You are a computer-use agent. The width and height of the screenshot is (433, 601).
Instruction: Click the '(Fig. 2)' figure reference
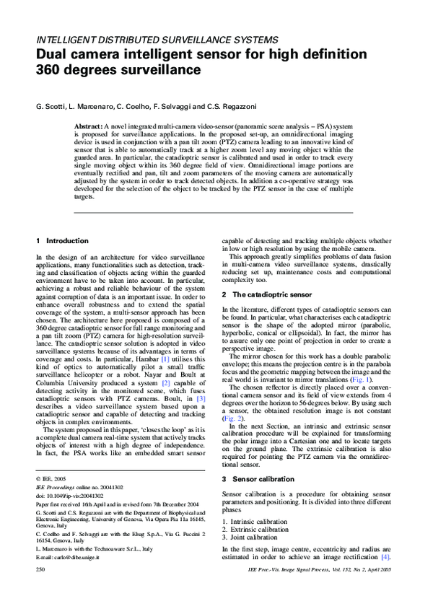pos(232,419)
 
